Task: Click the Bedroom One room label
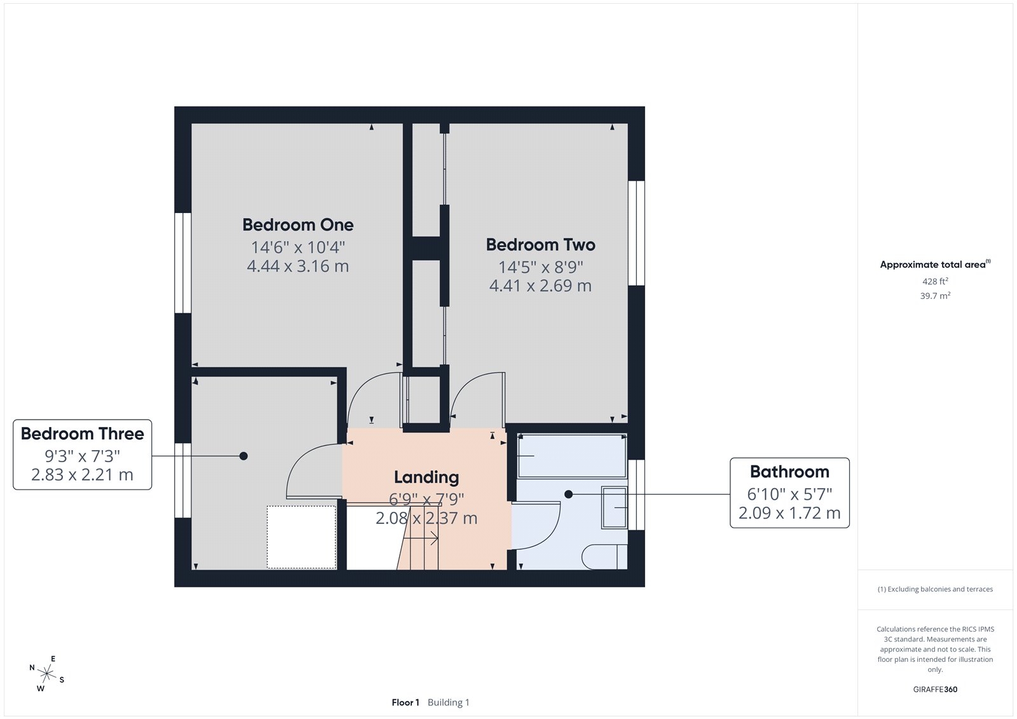297,224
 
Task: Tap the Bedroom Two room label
540,245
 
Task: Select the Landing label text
426,477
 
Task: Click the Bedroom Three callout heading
82,434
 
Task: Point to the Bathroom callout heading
789,472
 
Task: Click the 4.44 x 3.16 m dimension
297,266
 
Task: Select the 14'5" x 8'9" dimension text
540,267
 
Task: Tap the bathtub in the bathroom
572,456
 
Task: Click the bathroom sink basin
614,507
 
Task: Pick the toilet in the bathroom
604,557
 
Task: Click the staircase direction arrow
421,540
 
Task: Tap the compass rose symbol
46,673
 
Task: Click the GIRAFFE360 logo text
935,689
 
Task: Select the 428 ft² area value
935,281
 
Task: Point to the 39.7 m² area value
935,296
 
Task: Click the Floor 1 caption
405,702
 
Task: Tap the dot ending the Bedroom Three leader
243,456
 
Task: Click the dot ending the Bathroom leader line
568,494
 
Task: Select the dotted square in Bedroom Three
301,537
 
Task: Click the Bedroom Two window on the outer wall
636,233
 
